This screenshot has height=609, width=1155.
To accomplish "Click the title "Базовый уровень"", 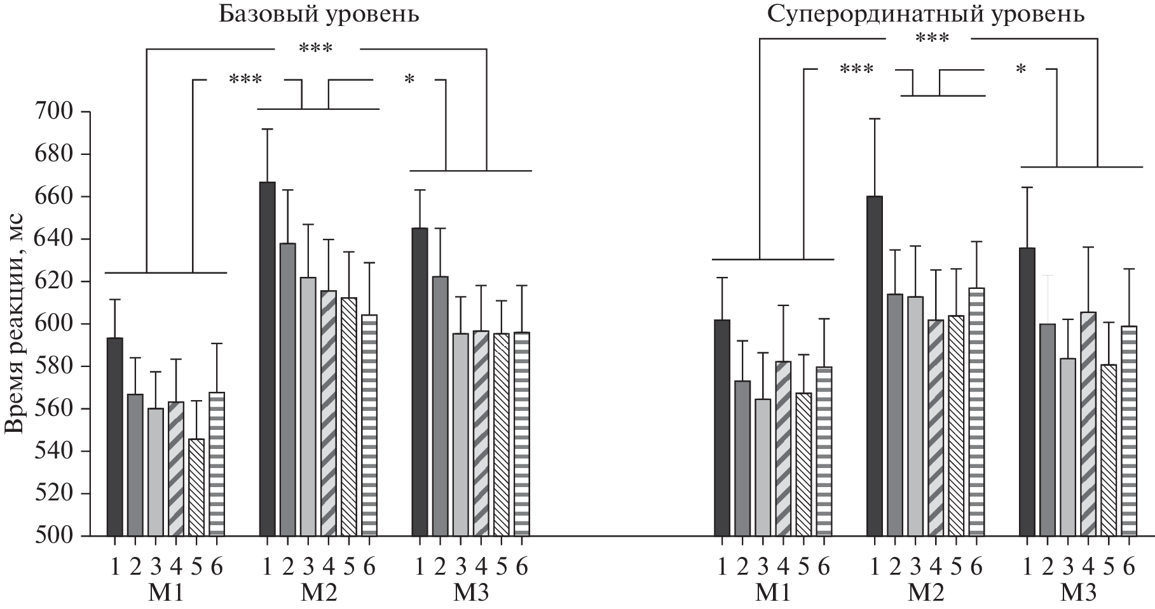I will click(318, 14).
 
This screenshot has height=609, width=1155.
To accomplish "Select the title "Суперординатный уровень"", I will click(926, 14).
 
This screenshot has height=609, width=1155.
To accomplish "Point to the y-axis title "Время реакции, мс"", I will click(15, 323).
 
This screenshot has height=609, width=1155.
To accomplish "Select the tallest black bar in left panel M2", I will click(268, 359).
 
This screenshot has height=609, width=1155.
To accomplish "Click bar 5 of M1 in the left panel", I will click(196, 487).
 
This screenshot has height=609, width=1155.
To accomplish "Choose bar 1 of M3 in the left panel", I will click(420, 382).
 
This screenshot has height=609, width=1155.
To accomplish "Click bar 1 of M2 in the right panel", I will click(875, 366).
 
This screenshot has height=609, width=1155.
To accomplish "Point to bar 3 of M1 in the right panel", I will click(763, 467).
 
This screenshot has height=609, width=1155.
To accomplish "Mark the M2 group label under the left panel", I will click(318, 593).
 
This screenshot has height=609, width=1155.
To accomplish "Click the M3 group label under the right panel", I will click(1078, 593).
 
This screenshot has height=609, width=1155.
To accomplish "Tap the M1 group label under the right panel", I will click(773, 593).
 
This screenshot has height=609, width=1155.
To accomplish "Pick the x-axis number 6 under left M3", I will click(522, 567).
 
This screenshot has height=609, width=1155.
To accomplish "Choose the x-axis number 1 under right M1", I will click(722, 567).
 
